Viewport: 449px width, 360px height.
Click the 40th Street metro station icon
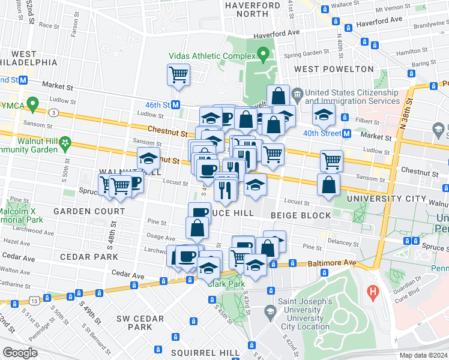(346, 133)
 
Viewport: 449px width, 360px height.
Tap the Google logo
(19, 353)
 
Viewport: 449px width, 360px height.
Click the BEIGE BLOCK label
(301, 215)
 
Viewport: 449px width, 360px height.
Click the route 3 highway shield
(54, 112)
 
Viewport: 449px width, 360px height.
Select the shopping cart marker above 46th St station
(179, 75)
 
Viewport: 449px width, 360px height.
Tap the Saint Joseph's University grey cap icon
(270, 311)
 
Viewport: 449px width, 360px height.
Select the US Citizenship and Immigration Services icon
(297, 94)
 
